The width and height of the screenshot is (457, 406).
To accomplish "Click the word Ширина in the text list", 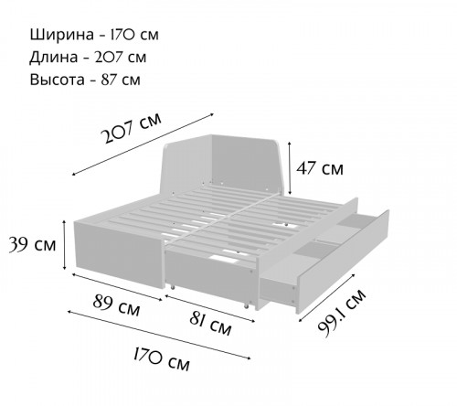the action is click(62, 35).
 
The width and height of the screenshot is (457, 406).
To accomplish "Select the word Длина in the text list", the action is click(54, 58).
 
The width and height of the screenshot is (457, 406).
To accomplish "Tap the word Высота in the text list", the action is click(58, 80).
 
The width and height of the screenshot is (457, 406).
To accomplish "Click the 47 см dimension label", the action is click(320, 168).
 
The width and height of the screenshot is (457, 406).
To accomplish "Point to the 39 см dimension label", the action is click(32, 244).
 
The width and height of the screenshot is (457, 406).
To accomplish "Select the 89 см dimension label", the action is click(116, 305).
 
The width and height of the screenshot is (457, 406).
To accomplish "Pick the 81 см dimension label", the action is click(210, 324).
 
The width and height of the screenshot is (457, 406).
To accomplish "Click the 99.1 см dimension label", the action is click(342, 314).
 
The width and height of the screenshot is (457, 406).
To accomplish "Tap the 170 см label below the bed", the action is click(162, 359).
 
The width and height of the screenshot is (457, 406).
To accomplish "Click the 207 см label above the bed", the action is click(132, 128).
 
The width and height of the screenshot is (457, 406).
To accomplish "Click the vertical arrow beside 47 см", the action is click(290, 168).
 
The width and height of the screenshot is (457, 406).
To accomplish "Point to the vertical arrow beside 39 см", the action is click(64, 245).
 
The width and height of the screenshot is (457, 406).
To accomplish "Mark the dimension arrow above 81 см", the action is click(209, 308).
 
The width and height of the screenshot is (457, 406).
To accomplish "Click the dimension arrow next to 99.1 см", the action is click(327, 297).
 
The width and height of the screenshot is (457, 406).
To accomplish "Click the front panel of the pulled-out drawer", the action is click(343, 262).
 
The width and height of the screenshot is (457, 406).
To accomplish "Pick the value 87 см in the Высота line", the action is click(121, 80).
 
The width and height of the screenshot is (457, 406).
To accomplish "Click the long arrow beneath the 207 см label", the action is click(143, 144).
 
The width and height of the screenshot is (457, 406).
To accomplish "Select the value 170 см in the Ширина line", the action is click(134, 35).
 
